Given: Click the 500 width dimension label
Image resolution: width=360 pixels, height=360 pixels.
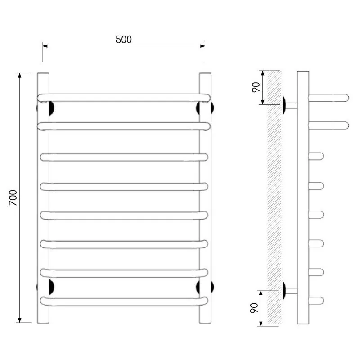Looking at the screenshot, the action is point(123,40).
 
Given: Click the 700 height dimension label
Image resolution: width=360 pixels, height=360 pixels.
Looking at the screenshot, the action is point(13,198).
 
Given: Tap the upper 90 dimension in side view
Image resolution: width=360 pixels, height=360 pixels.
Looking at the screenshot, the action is point(256,87).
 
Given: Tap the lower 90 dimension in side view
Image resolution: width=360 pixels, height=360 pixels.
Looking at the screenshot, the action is point(254,308).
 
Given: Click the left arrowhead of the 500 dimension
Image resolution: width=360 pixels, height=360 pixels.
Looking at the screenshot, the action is point(45,46).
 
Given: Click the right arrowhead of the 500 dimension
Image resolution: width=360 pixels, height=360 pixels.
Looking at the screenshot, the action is point(202,46).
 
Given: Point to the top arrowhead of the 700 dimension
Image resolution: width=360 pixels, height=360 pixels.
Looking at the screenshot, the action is point(20,76).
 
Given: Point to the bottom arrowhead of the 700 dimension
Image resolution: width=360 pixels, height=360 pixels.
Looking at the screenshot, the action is point(20,320).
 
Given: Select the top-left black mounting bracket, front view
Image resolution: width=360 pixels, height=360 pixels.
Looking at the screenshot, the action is point(51,108).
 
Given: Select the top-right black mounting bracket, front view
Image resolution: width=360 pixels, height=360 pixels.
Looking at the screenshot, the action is point(199,108).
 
